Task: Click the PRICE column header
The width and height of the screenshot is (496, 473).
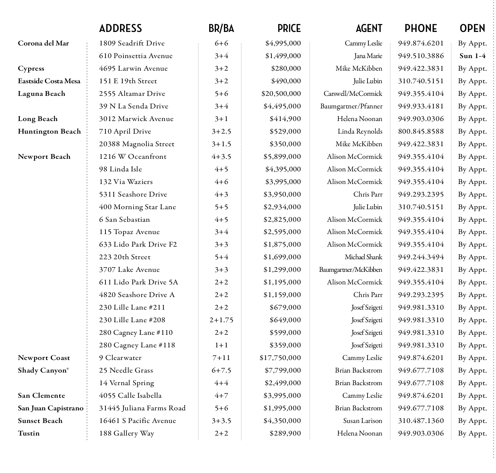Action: tap(289, 29)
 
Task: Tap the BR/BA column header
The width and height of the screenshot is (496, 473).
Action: tap(221, 29)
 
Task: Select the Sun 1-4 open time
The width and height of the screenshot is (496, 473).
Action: tap(472, 56)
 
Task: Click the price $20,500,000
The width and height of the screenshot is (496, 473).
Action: tap(281, 94)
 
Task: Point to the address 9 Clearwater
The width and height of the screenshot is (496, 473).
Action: tap(120, 358)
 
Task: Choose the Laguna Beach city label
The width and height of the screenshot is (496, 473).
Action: tap(41, 94)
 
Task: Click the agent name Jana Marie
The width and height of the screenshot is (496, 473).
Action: tap(368, 56)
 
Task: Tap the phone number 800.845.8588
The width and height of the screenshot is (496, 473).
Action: tap(421, 131)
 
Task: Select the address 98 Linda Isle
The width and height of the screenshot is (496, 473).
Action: tap(121, 169)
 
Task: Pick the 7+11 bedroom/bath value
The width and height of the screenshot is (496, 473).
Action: tap(221, 358)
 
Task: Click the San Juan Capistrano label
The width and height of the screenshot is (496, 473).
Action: tap(51, 408)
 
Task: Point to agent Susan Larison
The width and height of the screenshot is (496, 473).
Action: tap(363, 421)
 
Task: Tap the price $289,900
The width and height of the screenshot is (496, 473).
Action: tap(285, 433)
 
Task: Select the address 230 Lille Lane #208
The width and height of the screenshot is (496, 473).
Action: tap(132, 320)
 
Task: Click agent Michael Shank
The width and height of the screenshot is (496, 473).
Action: tap(363, 257)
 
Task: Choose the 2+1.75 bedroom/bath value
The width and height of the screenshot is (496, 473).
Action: tap(221, 320)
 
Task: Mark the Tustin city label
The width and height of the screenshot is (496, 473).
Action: tap(29, 433)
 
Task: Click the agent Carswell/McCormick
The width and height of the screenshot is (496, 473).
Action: tap(353, 94)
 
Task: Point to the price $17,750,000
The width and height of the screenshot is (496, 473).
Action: tap(280, 358)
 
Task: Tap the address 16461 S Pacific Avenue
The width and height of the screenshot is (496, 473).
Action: tap(137, 421)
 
